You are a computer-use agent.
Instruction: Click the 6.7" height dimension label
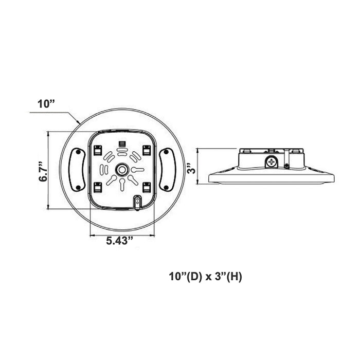tap(43, 172)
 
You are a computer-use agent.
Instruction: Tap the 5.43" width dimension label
tap(120, 241)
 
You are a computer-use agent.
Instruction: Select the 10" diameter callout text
tap(46, 104)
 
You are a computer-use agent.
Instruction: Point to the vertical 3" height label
tap(191, 168)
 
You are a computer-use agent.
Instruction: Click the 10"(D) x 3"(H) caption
tap(206, 277)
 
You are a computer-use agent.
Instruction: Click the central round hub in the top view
tap(121, 170)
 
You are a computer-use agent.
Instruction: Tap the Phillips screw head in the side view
tap(272, 161)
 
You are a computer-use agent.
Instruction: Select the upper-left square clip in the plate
tap(98, 150)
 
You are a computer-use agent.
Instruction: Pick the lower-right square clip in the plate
tap(147, 187)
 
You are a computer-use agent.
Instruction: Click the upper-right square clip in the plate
tap(147, 150)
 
